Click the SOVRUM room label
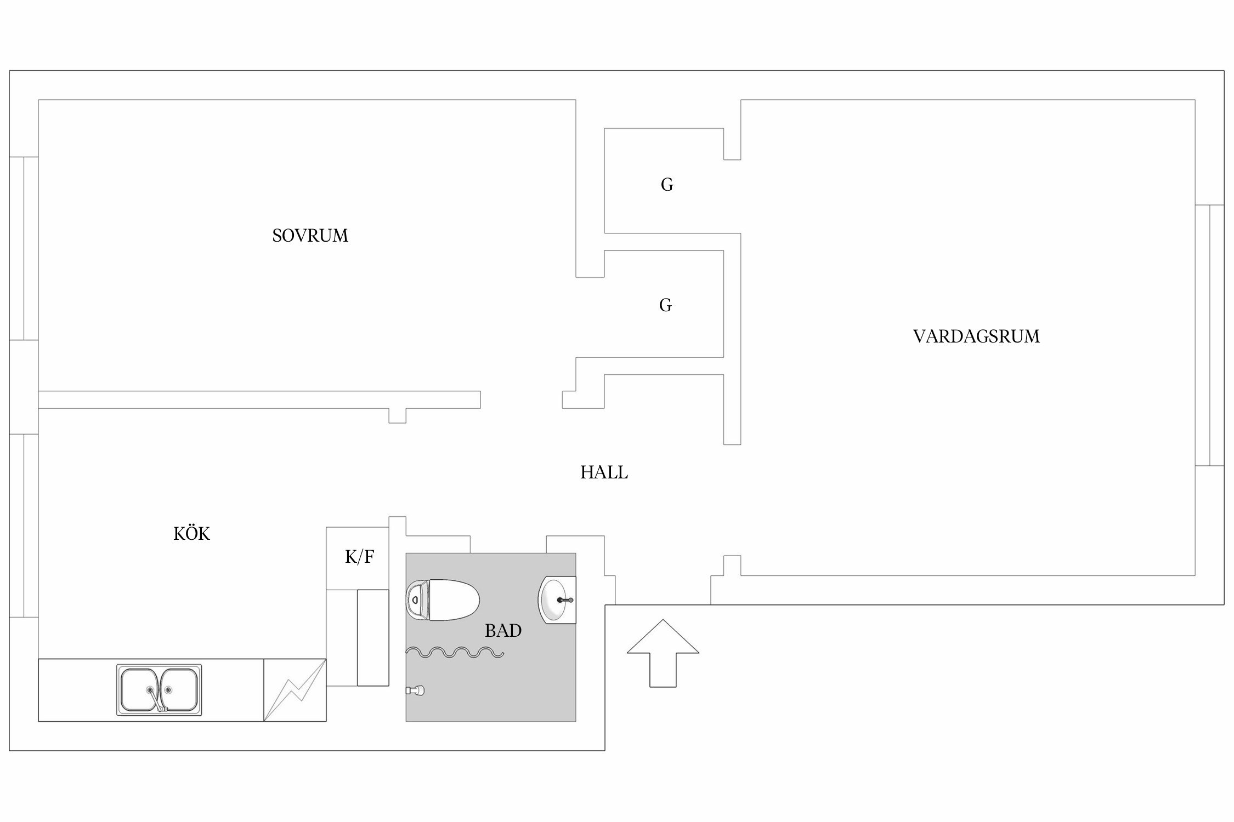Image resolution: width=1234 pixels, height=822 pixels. pyautogui.click(x=310, y=236)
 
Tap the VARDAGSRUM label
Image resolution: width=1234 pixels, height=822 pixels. pyautogui.click(x=976, y=336)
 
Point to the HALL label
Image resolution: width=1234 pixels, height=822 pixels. pyautogui.click(x=604, y=472)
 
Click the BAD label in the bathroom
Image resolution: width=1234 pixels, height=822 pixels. pyautogui.click(x=503, y=631)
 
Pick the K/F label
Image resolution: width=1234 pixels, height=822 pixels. pyautogui.click(x=360, y=557)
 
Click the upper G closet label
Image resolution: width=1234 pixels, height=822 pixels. pyautogui.click(x=667, y=185)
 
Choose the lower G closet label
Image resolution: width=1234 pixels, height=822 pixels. pyautogui.click(x=665, y=305)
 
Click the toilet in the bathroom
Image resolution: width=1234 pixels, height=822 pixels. pyautogui.click(x=443, y=600)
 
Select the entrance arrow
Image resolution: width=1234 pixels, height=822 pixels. pyautogui.click(x=663, y=653)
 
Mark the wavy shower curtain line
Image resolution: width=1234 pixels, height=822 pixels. pyautogui.click(x=455, y=652)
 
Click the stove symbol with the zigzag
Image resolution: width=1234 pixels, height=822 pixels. pyautogui.click(x=295, y=690)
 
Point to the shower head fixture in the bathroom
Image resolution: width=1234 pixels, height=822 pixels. pyautogui.click(x=415, y=691)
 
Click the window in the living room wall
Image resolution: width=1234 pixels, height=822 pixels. pyautogui.click(x=1209, y=335)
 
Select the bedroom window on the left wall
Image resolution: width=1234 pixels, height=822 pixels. pyautogui.click(x=24, y=248)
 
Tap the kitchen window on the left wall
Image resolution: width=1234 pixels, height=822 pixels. pyautogui.click(x=24, y=526)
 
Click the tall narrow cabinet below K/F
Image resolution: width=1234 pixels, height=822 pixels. pyautogui.click(x=373, y=637)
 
